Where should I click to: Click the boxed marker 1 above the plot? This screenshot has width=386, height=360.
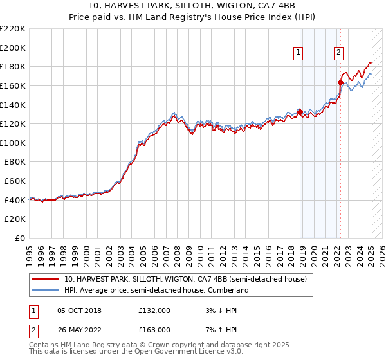click(299, 53)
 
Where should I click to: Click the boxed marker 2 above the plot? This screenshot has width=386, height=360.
click(338, 53)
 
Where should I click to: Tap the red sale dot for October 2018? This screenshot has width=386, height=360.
click(300, 112)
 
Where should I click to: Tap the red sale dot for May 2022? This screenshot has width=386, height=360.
click(340, 82)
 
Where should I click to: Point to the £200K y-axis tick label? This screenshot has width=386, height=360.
click(13, 48)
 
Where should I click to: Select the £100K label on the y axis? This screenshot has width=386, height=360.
click(13, 143)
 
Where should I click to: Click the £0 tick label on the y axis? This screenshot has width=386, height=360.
click(19, 238)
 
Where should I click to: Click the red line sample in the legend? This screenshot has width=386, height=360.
click(45, 279)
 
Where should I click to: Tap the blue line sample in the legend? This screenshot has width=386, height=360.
click(45, 290)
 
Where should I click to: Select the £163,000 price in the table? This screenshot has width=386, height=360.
click(154, 330)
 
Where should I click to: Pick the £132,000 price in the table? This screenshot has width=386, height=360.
click(154, 310)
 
